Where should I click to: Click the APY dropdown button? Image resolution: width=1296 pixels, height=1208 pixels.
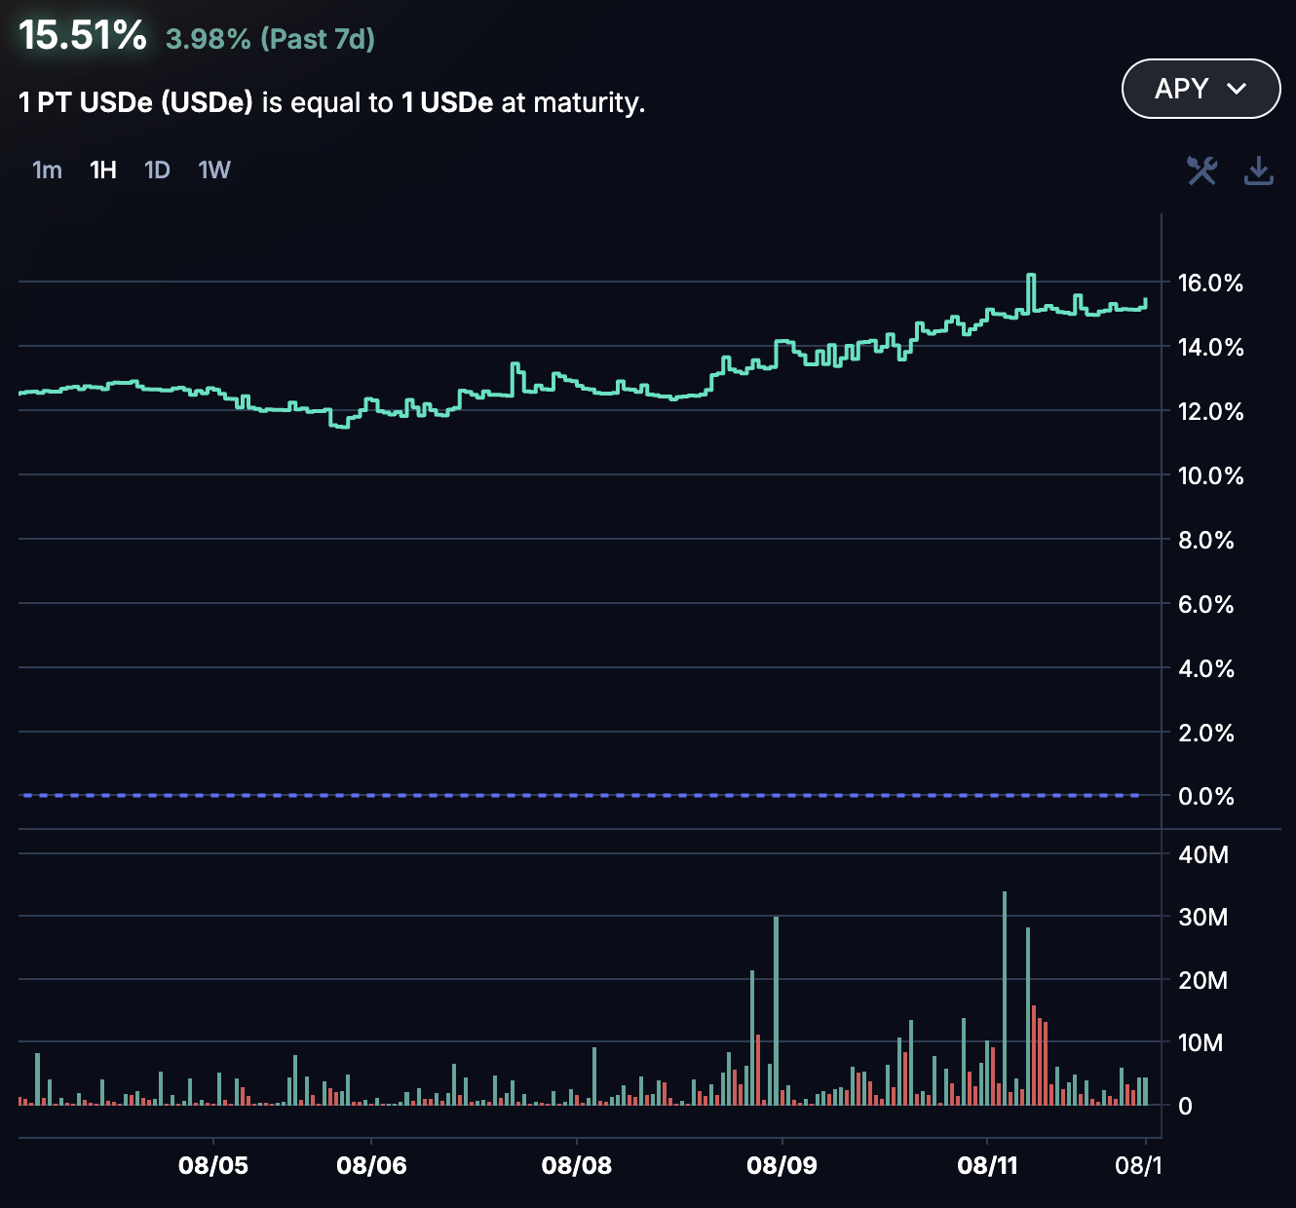[x=1201, y=89]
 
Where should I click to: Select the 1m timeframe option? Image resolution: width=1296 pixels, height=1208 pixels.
[x=47, y=170]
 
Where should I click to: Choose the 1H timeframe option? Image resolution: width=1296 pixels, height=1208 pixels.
[x=103, y=170]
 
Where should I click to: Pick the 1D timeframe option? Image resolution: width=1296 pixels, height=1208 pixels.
[x=157, y=170]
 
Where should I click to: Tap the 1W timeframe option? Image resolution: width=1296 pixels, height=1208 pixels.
[x=214, y=170]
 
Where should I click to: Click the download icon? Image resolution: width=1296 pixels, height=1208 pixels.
[x=1259, y=170]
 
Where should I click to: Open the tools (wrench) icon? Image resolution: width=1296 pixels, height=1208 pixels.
[x=1201, y=170]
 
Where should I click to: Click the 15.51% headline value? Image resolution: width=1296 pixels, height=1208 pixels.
[x=83, y=36]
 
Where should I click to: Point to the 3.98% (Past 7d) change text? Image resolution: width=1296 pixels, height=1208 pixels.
[x=270, y=39]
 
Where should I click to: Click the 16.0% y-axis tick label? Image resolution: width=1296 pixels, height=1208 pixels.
[x=1210, y=283]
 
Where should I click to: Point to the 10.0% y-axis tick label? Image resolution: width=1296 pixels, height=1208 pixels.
[x=1210, y=476]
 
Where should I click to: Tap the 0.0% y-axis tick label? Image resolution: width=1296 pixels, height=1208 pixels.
[x=1206, y=797]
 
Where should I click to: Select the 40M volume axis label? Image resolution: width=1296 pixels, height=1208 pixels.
[x=1203, y=855]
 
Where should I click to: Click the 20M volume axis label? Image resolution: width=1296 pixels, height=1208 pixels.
[x=1203, y=981]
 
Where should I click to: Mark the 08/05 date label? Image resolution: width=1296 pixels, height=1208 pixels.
[x=213, y=1165]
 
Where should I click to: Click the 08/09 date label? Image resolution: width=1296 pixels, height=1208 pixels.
[x=781, y=1165]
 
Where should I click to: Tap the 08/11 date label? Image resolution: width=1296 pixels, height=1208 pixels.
[x=987, y=1165]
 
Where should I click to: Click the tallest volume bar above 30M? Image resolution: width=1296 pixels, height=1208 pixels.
[x=1005, y=994]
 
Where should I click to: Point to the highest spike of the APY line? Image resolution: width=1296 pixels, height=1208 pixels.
[x=1030, y=277]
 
